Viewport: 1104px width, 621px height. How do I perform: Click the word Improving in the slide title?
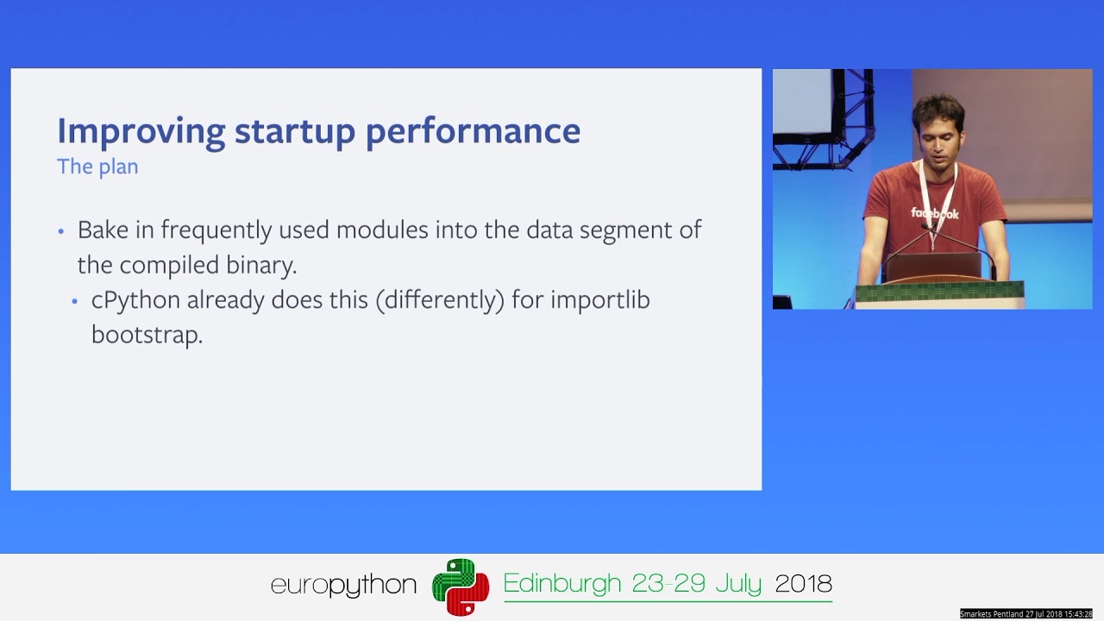click(140, 132)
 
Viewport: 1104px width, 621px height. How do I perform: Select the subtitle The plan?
click(97, 166)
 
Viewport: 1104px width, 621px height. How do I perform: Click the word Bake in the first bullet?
click(101, 230)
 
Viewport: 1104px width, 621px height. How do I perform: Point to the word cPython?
click(135, 300)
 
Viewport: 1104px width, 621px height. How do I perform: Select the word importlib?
click(600, 300)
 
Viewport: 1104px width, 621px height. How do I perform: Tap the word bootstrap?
click(147, 335)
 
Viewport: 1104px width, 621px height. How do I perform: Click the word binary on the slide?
click(261, 265)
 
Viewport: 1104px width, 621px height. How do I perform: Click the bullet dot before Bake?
click(61, 231)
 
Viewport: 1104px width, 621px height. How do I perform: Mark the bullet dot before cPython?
click(75, 301)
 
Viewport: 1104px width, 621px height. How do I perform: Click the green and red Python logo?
click(461, 586)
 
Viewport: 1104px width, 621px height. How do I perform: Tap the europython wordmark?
click(343, 586)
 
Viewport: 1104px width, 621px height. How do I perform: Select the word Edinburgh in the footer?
click(562, 584)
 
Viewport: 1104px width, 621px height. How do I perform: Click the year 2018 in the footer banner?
click(803, 584)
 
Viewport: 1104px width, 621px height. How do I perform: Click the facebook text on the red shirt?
click(935, 213)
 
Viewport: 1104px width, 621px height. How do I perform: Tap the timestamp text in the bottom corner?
click(1026, 614)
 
